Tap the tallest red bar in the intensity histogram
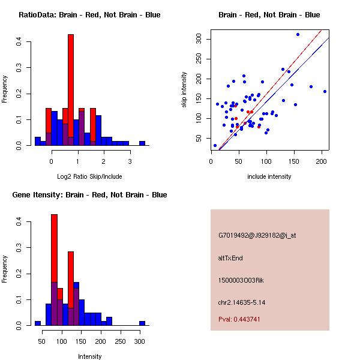click(54, 270)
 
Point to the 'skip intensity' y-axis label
click(184, 90)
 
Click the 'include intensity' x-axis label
click(269, 176)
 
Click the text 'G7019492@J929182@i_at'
click(257, 235)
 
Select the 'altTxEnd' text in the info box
click(230, 258)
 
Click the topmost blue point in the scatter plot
click(298, 34)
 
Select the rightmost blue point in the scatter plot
click(325, 91)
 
